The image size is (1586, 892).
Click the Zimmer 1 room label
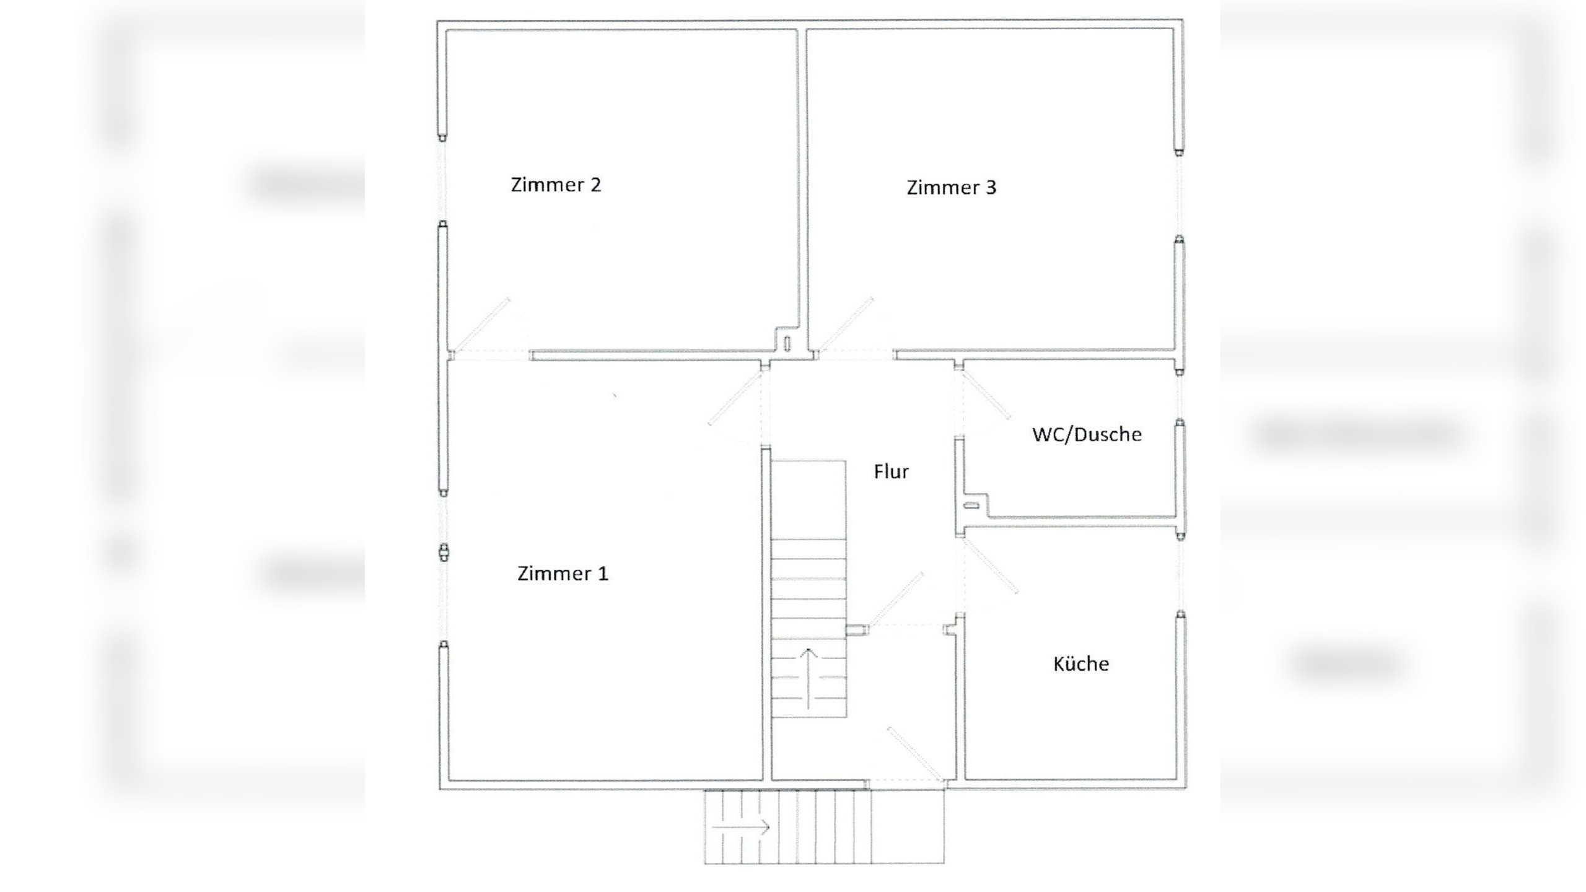563,574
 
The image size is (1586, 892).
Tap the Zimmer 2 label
556,185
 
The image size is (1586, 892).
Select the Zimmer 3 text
951,188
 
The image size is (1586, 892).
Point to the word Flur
891,472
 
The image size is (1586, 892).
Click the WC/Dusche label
1087,434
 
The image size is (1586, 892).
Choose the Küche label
1080,664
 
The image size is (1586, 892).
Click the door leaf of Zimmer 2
483,324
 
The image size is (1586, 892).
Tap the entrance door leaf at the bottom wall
916,754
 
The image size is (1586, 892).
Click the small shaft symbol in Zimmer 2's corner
787,343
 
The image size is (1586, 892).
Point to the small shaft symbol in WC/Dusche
971,505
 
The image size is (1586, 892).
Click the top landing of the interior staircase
808,499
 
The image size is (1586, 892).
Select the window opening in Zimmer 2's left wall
442,180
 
